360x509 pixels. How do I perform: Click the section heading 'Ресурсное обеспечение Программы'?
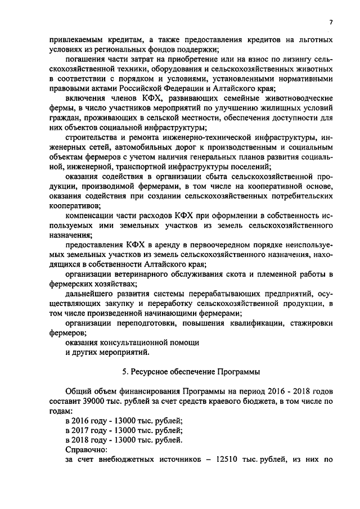coord(197,372)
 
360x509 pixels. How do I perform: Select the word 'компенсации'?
coord(92,215)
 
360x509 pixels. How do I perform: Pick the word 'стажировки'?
coord(309,323)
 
